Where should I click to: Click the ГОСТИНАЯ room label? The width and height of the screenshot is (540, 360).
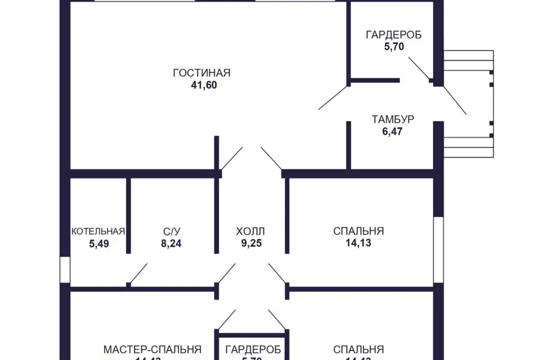pyautogui.click(x=202, y=73)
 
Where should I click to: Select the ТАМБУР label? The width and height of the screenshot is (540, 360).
pyautogui.click(x=393, y=119)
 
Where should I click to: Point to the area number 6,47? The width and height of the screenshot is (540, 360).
pyautogui.click(x=393, y=132)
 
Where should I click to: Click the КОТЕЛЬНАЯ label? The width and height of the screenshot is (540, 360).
pyautogui.click(x=98, y=231)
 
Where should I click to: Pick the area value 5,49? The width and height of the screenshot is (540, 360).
pyautogui.click(x=98, y=244)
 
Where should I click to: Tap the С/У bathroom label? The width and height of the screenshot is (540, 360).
pyautogui.click(x=172, y=231)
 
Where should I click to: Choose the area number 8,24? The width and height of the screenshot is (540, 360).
pyautogui.click(x=172, y=244)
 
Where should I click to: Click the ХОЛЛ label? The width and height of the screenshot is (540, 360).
pyautogui.click(x=250, y=231)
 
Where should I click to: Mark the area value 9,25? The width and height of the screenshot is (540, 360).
pyautogui.click(x=250, y=244)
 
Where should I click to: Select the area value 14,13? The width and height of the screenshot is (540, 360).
pyautogui.click(x=358, y=244)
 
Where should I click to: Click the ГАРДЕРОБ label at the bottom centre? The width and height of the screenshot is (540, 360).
pyautogui.click(x=253, y=349)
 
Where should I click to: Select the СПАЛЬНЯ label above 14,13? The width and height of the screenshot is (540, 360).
pyautogui.click(x=358, y=231)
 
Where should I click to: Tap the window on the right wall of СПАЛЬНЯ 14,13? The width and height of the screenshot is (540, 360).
pyautogui.click(x=438, y=248)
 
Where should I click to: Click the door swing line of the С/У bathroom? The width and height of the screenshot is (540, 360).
pyautogui.click(x=138, y=273)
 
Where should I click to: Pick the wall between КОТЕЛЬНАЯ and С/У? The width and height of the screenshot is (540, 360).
pyautogui.click(x=128, y=217)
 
